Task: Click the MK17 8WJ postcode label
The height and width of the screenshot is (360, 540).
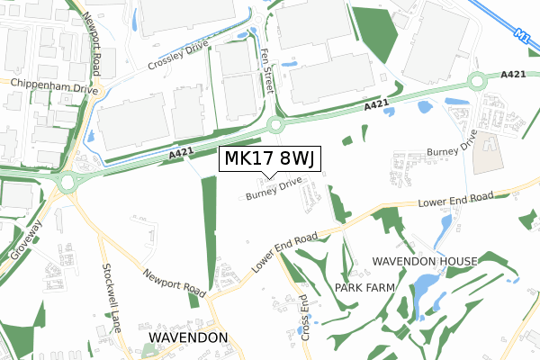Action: coord(268,159)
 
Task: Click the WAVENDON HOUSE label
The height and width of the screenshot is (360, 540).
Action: coord(425,262)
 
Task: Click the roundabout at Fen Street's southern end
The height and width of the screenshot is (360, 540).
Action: coord(274,125)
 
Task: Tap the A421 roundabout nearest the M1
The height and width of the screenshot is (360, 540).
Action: coord(476,83)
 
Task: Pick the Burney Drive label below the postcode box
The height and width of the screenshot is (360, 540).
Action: coord(273,189)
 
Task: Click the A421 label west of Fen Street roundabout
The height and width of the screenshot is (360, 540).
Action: coord(181,155)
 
